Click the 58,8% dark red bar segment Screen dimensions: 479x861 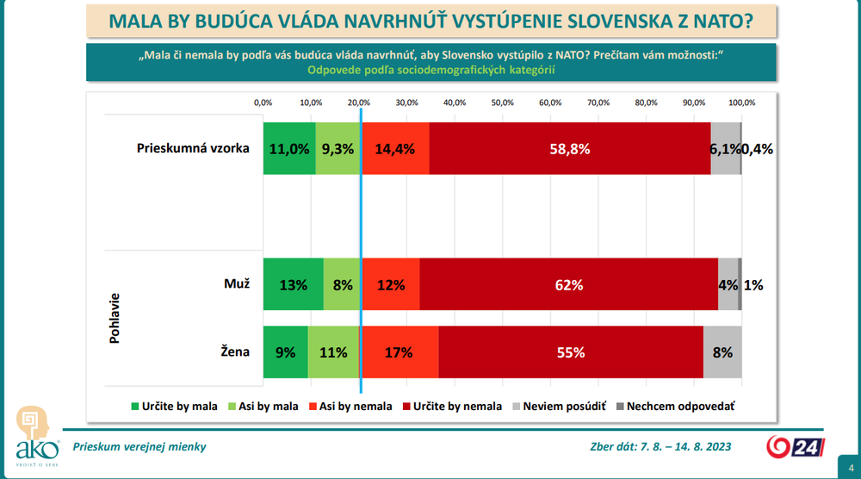pos(569,148)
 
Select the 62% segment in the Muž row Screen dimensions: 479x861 pos(569,284)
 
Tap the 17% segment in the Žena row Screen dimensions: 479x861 pos(400,352)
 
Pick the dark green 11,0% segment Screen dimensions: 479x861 pos(289,148)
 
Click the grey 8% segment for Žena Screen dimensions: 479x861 pos(722,352)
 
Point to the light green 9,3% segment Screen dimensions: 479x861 pos(338,148)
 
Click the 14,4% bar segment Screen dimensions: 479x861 pos(395,148)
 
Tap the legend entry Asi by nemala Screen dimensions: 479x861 pos(353,406)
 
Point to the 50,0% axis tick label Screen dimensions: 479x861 pos(502,103)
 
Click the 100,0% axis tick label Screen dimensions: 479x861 pos(741,103)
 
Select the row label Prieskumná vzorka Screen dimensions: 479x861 pos(193,148)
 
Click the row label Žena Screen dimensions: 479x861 pos(235,352)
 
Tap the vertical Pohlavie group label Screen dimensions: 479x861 pos(115,319)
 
